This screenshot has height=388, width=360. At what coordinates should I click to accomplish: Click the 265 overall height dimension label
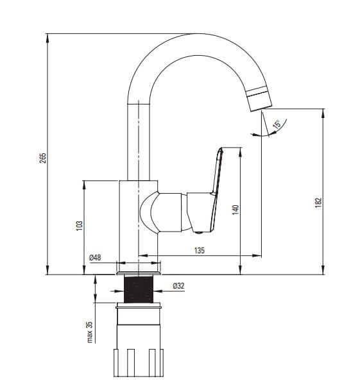click(43, 158)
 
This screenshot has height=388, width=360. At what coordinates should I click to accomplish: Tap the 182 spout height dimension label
click(318, 203)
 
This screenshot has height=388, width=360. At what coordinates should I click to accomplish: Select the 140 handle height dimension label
click(236, 210)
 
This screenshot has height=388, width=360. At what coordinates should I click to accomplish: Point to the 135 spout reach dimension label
click(200, 250)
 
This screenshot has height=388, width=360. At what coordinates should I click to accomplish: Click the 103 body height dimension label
click(79, 226)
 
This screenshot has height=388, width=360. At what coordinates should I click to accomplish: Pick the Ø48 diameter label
click(95, 258)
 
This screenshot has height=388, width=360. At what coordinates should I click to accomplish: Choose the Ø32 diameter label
click(178, 286)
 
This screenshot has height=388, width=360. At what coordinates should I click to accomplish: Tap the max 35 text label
click(90, 332)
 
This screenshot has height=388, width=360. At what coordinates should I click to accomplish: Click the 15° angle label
click(277, 124)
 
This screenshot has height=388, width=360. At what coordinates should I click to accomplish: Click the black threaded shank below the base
click(139, 289)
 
